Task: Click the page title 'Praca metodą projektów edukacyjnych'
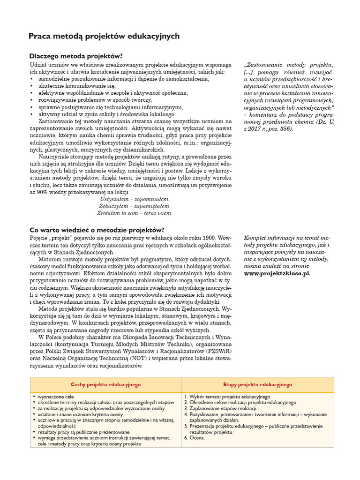[x=104, y=36]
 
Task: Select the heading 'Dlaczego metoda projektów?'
[x=75, y=56]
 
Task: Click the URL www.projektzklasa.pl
[x=277, y=273]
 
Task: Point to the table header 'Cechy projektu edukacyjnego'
[x=105, y=384]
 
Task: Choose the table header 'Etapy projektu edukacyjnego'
[x=257, y=384]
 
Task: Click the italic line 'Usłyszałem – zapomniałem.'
[x=135, y=199]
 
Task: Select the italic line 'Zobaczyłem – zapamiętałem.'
[x=135, y=206]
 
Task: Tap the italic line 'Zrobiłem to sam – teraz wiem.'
[x=135, y=213]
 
